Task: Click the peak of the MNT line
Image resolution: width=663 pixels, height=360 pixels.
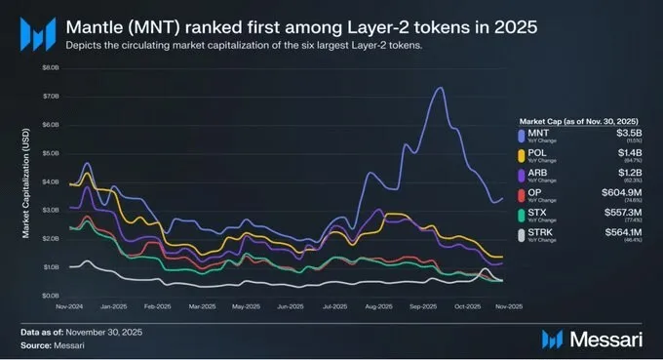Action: (x=440, y=88)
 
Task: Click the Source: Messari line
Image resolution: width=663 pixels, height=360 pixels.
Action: (x=52, y=345)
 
